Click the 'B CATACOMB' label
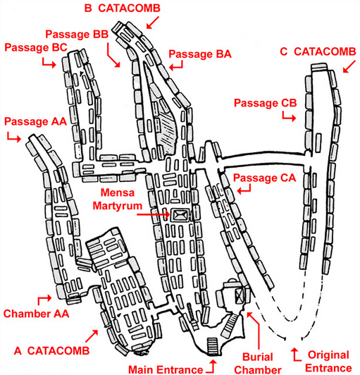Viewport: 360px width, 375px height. (x=122, y=8)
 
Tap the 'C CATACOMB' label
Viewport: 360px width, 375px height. (x=318, y=51)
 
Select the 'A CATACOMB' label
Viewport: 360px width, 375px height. (x=51, y=350)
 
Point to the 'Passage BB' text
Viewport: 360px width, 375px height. (x=77, y=35)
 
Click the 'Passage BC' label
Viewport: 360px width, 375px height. (x=36, y=47)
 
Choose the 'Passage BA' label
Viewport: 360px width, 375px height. (x=200, y=54)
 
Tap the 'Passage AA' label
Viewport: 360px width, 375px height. (x=35, y=121)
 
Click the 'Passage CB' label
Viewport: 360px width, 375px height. (x=266, y=103)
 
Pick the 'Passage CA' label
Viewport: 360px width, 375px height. (x=265, y=178)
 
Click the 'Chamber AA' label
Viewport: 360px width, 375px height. (x=36, y=314)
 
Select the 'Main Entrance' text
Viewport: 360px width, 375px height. (x=166, y=369)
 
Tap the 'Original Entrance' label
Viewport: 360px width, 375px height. (x=328, y=362)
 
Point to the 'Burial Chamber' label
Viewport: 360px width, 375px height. (x=258, y=364)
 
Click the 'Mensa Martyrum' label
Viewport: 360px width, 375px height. (x=118, y=199)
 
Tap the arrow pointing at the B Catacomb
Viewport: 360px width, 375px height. (x=153, y=23)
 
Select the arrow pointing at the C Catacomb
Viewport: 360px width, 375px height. (x=349, y=66)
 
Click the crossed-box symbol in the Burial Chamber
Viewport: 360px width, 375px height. (x=240, y=296)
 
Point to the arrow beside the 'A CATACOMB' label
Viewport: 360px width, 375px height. (x=92, y=336)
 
